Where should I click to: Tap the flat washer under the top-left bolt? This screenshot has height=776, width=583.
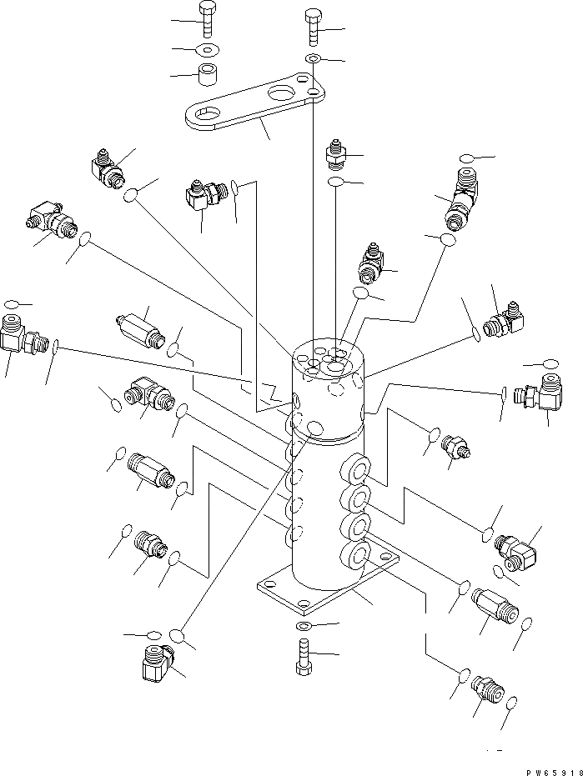(206, 48)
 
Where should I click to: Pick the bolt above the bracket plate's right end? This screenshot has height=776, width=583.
(312, 30)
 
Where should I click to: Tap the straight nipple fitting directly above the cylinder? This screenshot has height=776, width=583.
(334, 154)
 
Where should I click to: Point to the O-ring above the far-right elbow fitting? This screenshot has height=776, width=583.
(550, 363)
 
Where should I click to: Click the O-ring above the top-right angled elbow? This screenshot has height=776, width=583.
(467, 158)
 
